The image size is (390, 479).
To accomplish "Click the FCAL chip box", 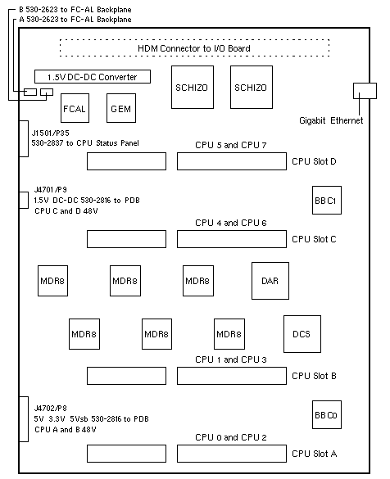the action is point(75,108).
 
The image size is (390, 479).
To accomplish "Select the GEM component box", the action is point(121,108).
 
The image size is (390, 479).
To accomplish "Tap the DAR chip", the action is point(270,281).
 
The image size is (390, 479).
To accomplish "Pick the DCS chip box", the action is point(302,334).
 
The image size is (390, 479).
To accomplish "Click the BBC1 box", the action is point(327,200).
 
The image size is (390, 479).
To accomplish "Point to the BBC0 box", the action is point(327,415).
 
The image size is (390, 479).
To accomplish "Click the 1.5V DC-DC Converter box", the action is point(93,76).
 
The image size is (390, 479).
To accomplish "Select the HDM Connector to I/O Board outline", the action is point(194,40).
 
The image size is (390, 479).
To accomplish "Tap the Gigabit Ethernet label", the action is point(331,120).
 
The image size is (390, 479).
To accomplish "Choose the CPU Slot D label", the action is point(314,161).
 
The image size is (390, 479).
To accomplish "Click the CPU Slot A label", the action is point(314,454).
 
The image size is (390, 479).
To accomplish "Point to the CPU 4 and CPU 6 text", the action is point(231,223).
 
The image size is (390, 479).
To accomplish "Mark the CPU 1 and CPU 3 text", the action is point(231,359).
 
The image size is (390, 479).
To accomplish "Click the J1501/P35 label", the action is point(51,133).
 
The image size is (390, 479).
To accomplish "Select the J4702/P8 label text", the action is point(51,408).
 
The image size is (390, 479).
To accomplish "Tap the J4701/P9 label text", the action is point(51,190).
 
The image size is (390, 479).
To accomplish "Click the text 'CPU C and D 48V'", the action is point(66,211).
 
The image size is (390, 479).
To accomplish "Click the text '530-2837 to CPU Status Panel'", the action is point(85,143).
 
